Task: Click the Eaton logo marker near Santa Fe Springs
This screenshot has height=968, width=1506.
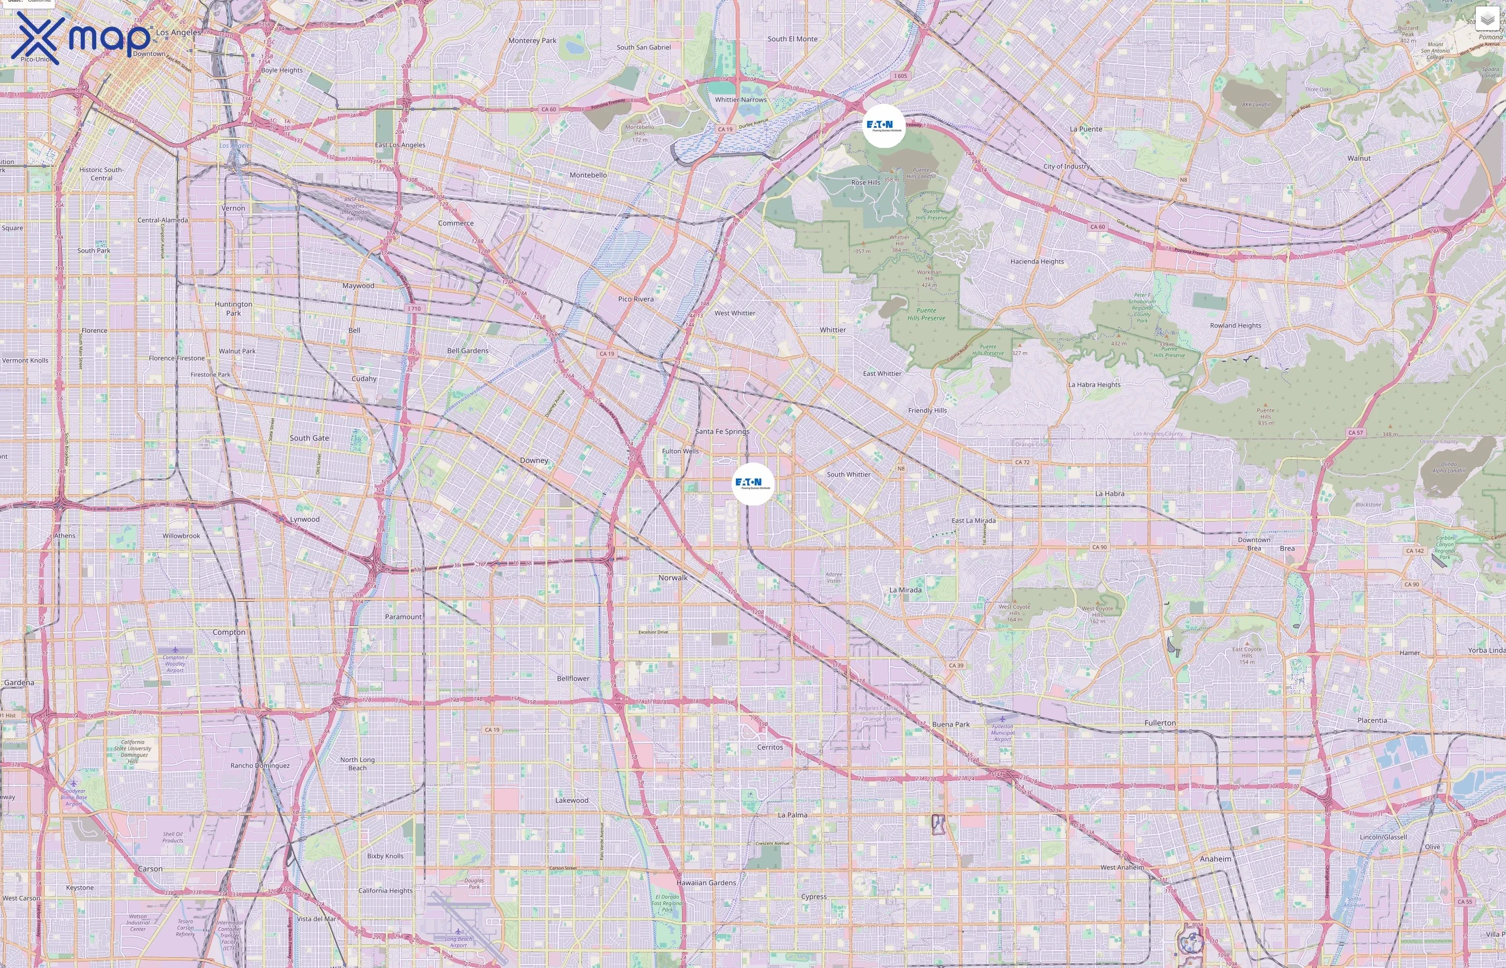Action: point(752,483)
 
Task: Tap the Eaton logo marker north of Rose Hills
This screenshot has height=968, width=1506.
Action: point(884,126)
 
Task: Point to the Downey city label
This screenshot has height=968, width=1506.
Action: point(534,461)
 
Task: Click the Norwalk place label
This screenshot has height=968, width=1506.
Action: point(672,578)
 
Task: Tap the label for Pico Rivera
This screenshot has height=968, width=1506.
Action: point(635,299)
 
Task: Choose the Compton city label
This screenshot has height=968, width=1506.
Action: point(229,632)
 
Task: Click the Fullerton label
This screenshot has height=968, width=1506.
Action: point(1160,723)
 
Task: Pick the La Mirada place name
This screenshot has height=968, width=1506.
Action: point(905,590)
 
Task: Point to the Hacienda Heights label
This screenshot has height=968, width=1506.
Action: point(1037,261)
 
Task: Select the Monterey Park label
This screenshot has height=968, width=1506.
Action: point(532,41)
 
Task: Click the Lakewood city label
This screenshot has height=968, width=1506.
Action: point(571,800)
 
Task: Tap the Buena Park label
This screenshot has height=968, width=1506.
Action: point(950,724)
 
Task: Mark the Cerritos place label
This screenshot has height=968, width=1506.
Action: point(770,748)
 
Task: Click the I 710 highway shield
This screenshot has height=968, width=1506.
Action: point(414,309)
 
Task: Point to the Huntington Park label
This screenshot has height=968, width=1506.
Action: point(233,309)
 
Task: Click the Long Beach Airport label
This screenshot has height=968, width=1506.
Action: point(458,942)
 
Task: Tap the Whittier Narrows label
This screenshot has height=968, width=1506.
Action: point(741,100)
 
